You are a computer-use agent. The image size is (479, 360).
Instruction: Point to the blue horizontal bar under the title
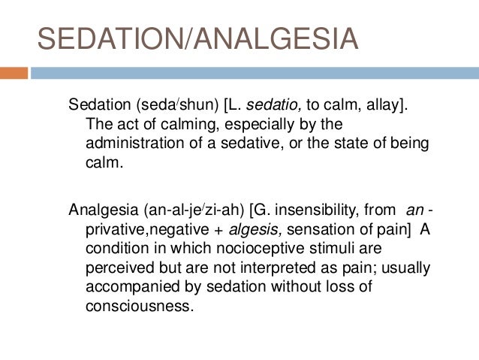(255, 74)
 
